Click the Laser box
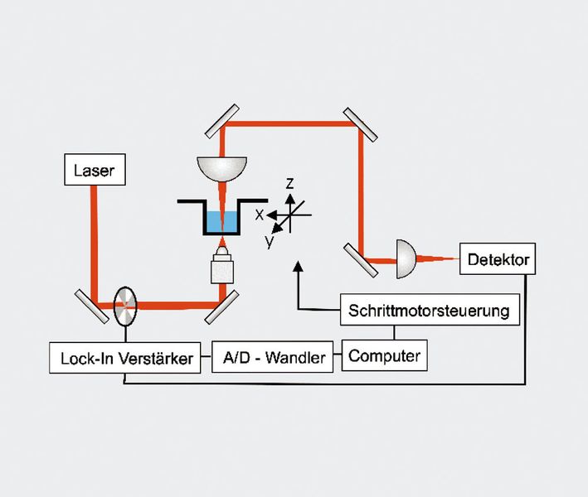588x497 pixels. pyautogui.click(x=94, y=171)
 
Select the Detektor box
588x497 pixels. pyautogui.click(x=498, y=259)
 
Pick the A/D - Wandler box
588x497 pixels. pyautogui.click(x=272, y=358)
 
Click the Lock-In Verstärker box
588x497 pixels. pyautogui.click(x=125, y=358)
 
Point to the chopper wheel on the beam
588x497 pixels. pyautogui.click(x=124, y=306)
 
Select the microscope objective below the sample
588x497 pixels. pyautogui.click(x=221, y=265)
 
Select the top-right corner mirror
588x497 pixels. pyautogui.click(x=358, y=123)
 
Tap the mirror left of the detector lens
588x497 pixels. pyautogui.click(x=358, y=258)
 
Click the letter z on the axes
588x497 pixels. pyautogui.click(x=289, y=184)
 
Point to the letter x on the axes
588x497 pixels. pyautogui.click(x=259, y=214)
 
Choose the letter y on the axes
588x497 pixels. pyautogui.click(x=270, y=242)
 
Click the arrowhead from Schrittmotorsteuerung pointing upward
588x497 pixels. pyautogui.click(x=298, y=266)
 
